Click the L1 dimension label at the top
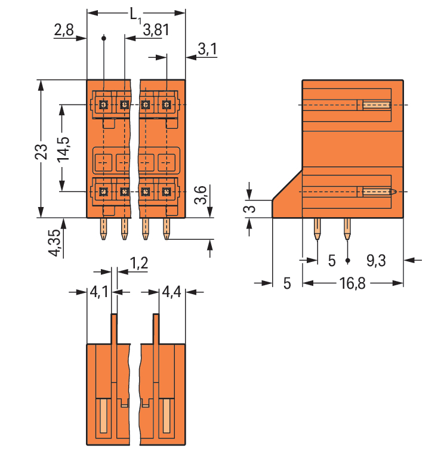[x=136, y=16]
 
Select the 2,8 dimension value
[x=63, y=31]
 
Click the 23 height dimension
[x=41, y=152]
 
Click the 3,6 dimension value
[x=201, y=194]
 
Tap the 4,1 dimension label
[x=99, y=292]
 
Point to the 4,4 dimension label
[x=172, y=292]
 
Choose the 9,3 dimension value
[x=375, y=260]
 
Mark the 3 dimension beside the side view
[x=251, y=209]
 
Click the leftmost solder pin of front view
[x=104, y=229]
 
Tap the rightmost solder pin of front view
[x=166, y=229]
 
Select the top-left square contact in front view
[x=103, y=105]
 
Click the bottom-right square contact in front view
[x=166, y=191]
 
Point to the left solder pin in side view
[x=317, y=229]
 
